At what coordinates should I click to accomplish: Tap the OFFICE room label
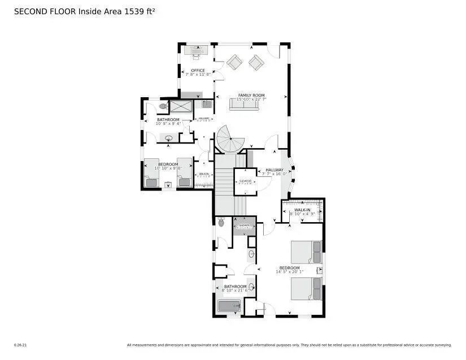pyautogui.click(x=198, y=71)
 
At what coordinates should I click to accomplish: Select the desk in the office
pyautogui.click(x=197, y=51)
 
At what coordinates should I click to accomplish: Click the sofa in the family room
pyautogui.click(x=244, y=105)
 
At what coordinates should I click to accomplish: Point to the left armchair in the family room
pyautogui.click(x=235, y=62)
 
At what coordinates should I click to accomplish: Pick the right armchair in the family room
pyautogui.click(x=256, y=62)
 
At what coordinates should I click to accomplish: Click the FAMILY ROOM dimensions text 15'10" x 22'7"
pyautogui.click(x=251, y=99)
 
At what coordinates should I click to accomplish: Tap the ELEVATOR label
pyautogui.click(x=245, y=181)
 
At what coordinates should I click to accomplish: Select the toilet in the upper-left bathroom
pyautogui.click(x=163, y=106)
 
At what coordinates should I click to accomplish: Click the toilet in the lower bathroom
pyautogui.click(x=221, y=222)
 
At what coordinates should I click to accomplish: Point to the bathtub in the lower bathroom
pyautogui.click(x=230, y=306)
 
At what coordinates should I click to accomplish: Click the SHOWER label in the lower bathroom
pyautogui.click(x=244, y=225)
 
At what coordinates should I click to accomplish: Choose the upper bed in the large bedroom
pyautogui.click(x=307, y=251)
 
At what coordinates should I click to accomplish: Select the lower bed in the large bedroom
pyautogui.click(x=307, y=289)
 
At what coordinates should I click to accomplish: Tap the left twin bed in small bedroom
pyautogui.click(x=151, y=172)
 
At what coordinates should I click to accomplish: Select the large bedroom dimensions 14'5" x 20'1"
pyautogui.click(x=290, y=272)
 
